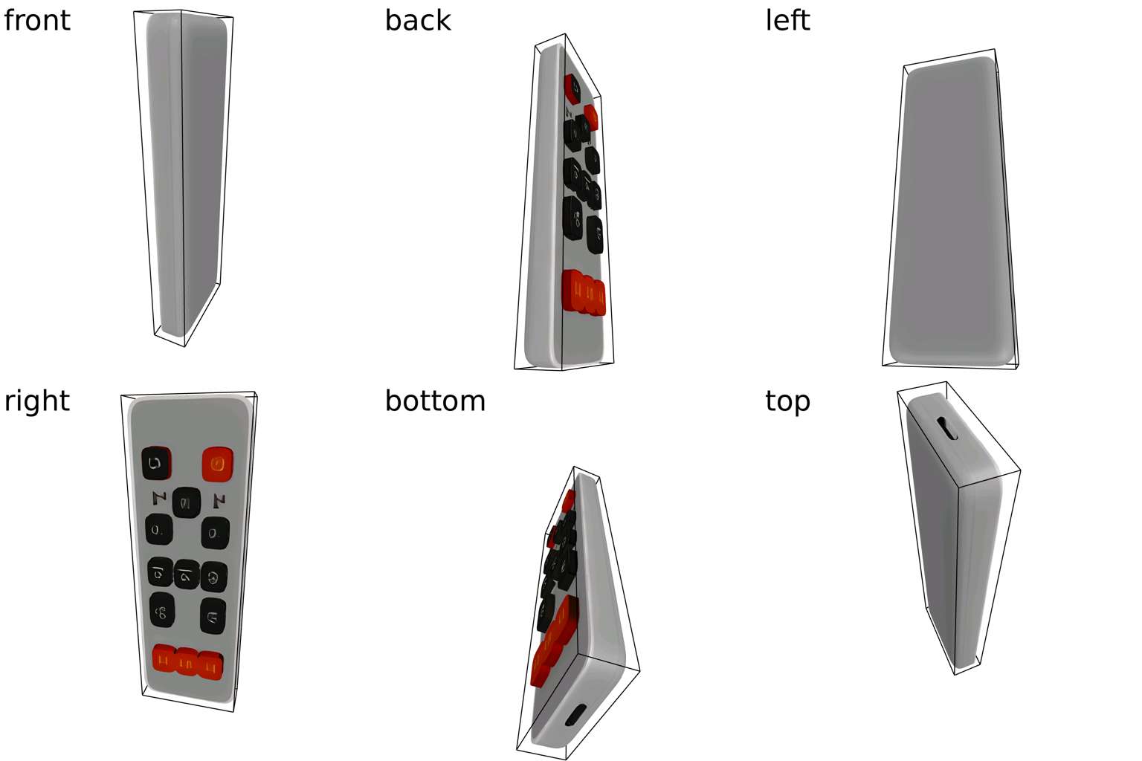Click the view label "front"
[36, 20]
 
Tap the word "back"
[417, 20]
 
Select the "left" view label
[787, 20]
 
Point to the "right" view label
[36, 401]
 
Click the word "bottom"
[435, 401]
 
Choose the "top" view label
[787, 401]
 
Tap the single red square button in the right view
[218, 464]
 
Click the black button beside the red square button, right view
[156, 463]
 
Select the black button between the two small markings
[186, 503]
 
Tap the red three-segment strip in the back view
[584, 292]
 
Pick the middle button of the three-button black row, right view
[187, 574]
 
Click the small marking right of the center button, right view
[219, 500]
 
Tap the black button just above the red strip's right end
[213, 616]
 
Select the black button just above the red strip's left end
[162, 611]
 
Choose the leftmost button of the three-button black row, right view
[159, 571]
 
